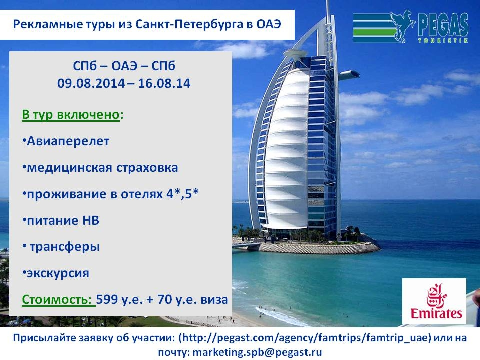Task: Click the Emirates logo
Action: click(434, 301)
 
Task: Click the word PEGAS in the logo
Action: click(443, 24)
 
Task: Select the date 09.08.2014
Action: click(91, 83)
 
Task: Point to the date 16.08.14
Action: click(164, 83)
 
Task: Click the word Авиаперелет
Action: click(68, 141)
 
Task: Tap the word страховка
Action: click(147, 168)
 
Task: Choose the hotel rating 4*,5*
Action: click(183, 194)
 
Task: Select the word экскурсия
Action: click(58, 273)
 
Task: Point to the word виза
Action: click(214, 299)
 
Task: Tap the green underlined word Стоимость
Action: click(57, 299)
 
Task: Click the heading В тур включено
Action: click(70, 115)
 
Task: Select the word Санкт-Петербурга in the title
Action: click(189, 24)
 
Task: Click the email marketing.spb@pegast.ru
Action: click(257, 352)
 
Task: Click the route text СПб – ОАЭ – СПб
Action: click(124, 66)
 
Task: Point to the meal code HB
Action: click(91, 220)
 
